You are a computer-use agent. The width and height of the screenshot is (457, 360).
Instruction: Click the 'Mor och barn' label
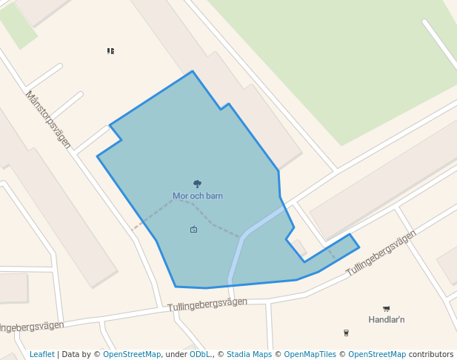198,196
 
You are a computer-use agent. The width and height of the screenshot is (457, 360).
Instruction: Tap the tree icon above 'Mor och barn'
198,184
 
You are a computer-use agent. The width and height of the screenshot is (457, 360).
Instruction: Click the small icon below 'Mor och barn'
194,230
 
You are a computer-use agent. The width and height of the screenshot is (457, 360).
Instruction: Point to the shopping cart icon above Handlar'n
386,308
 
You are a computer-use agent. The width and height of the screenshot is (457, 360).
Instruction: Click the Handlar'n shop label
386,319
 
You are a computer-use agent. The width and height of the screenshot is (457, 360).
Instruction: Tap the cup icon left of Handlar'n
346,333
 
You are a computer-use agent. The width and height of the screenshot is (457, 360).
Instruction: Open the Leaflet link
42,354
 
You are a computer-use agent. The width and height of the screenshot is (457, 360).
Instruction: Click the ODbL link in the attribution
200,354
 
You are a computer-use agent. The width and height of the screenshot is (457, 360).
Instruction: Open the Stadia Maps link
249,354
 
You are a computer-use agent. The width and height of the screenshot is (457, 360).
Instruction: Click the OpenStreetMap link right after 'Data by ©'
132,354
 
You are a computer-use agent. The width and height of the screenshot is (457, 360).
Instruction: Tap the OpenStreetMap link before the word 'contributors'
377,354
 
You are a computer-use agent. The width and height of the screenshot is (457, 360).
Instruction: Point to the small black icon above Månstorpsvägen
110,51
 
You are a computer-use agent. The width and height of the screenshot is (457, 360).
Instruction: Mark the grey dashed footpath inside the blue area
215,224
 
